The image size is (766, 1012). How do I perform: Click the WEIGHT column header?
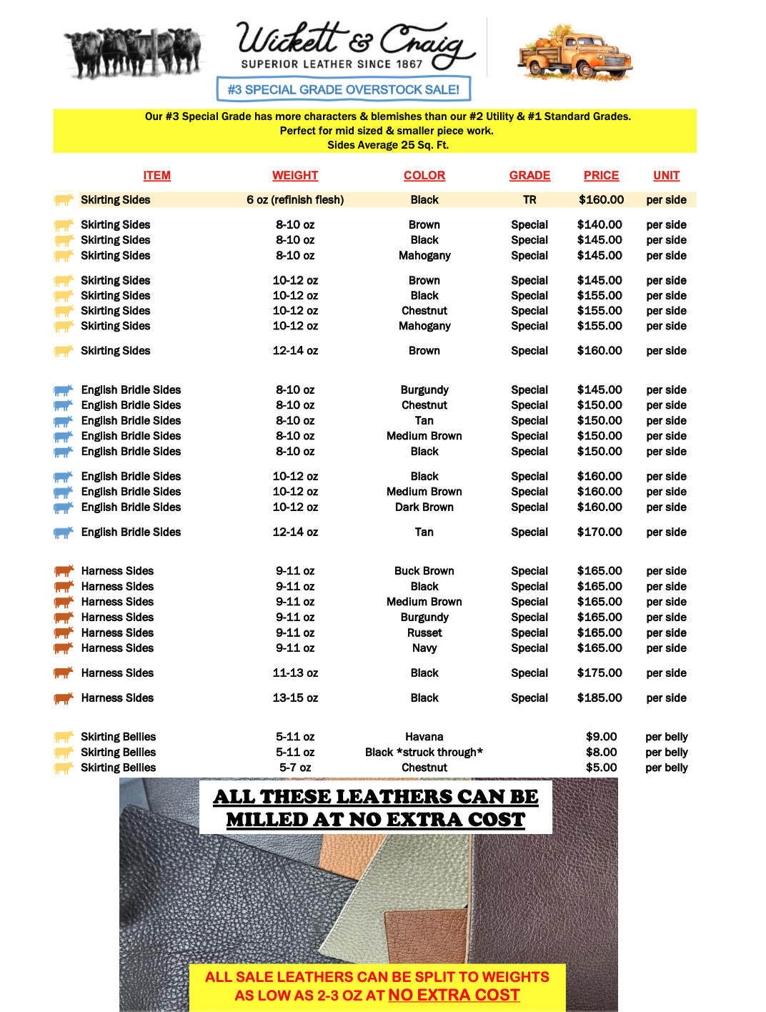pos(295,175)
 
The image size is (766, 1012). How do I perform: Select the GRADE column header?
pos(529,175)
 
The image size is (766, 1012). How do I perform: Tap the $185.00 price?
pos(600,698)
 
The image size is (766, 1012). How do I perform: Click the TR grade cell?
pos(529,200)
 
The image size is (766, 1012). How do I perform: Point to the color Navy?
pos(424,648)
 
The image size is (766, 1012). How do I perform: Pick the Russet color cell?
pos(424,632)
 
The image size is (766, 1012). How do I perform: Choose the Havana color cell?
pos(424,737)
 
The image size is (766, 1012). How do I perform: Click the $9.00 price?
pos(601,737)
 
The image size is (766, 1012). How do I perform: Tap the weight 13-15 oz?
pos(295,698)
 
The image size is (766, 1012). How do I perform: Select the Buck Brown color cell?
pos(424,571)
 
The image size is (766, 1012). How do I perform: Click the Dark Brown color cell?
pos(424,507)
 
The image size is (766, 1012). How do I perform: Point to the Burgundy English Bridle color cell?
pos(424,390)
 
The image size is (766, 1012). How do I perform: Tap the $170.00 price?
pos(600,532)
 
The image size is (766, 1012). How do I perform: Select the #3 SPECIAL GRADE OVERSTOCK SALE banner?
pos(344,89)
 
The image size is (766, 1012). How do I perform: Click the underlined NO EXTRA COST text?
pos(454,995)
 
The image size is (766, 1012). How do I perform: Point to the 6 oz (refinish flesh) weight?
pos(295,200)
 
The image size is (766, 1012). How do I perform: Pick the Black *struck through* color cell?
pos(424,753)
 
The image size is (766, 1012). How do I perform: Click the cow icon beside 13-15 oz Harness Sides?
pos(64,698)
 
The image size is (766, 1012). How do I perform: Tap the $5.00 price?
pos(601,768)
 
